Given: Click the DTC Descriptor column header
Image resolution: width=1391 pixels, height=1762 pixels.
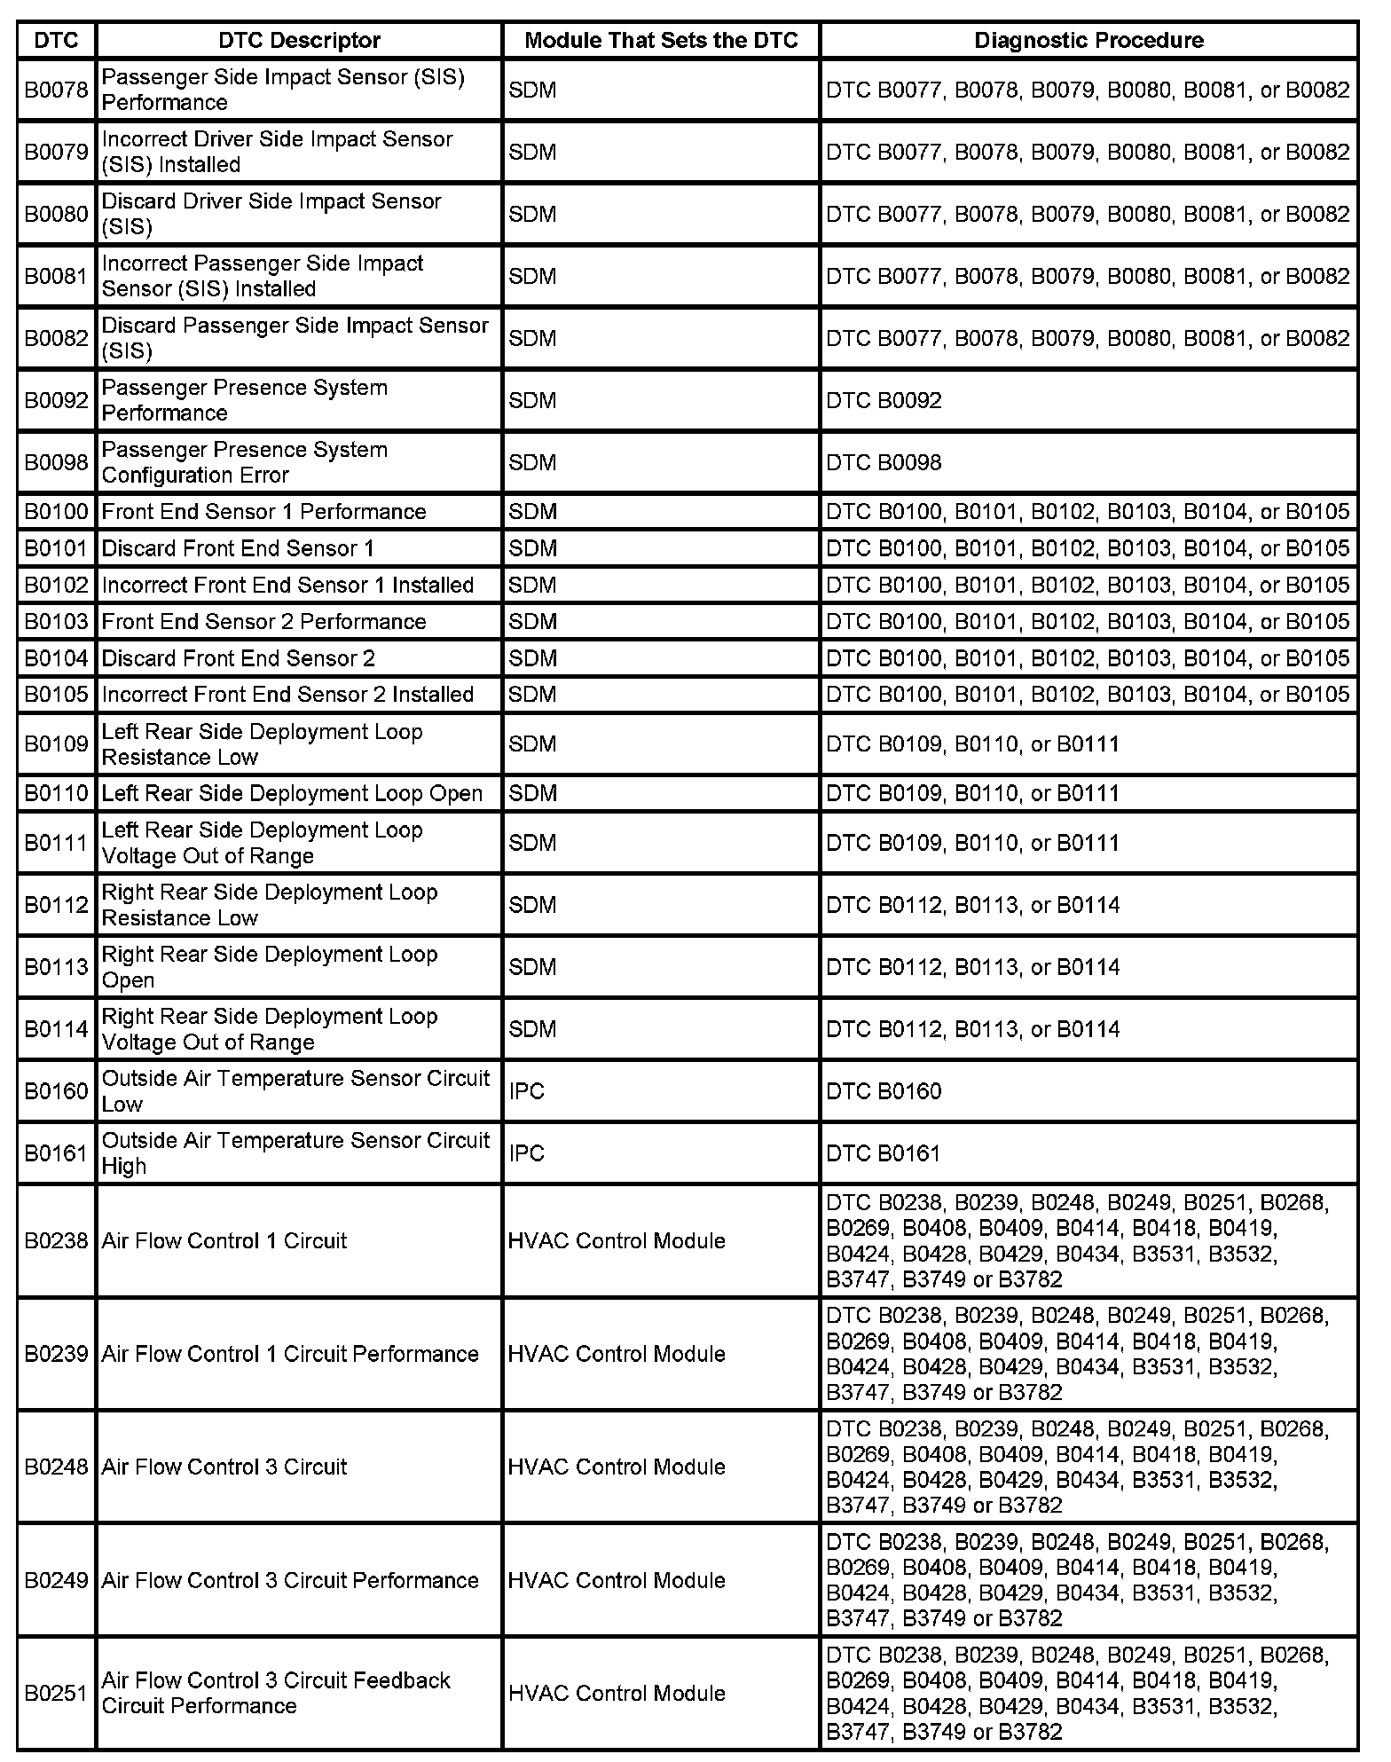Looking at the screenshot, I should coord(299,41).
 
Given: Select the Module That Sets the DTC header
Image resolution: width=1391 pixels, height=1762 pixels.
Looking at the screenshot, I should coord(661,41).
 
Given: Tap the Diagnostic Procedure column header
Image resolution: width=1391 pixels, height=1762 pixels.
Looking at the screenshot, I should coord(1088,41).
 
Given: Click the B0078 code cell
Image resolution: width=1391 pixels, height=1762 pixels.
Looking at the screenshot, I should coord(57,90).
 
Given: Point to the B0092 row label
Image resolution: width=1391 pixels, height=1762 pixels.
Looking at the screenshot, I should coord(57,400).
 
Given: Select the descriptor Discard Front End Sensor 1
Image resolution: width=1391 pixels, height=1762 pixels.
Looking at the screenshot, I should coord(238,548).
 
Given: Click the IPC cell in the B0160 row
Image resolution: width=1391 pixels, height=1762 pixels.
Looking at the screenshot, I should coord(527,1091).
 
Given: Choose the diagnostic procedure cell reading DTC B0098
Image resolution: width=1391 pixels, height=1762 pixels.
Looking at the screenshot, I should coord(884,462).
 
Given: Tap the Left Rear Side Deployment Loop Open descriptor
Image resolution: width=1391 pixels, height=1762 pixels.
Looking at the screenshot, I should coord(292,793).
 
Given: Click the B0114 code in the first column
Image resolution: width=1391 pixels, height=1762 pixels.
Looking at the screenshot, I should coord(57,1029).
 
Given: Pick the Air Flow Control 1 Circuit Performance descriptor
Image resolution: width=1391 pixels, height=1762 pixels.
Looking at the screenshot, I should coord(290,1354).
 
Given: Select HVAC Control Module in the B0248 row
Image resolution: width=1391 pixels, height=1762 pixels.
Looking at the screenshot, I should coord(617,1467).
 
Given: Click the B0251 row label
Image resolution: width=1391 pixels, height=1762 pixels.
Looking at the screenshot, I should coord(57,1693).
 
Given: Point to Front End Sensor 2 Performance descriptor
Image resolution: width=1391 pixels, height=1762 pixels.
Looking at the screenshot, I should coord(263,622).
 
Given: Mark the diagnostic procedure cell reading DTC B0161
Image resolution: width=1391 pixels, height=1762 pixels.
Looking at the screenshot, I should coord(884,1153).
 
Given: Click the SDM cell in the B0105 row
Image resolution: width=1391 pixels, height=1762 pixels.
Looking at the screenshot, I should coord(532,695).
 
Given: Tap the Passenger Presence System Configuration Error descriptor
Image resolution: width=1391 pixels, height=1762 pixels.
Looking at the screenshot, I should coord(245,462).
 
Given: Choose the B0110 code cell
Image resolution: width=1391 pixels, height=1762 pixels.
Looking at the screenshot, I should coord(57,793).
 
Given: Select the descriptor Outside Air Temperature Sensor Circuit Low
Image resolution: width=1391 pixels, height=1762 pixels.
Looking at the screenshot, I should coord(295,1091).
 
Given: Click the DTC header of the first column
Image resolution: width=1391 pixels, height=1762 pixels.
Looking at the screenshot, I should coord(57,41).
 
